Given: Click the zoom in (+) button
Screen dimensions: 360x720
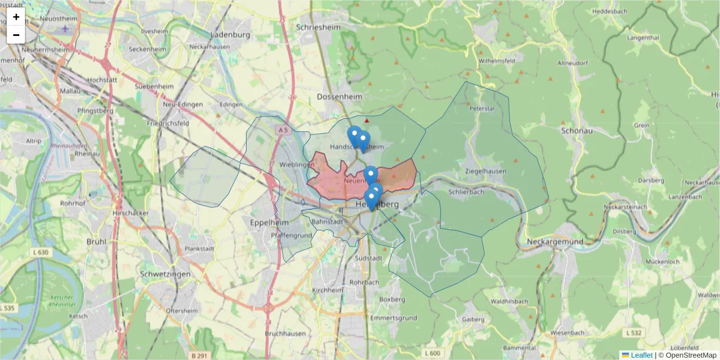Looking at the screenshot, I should (x=16, y=17).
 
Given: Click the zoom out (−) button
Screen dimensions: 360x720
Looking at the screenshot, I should (x=16, y=35).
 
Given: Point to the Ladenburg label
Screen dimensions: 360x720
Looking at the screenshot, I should (x=230, y=35).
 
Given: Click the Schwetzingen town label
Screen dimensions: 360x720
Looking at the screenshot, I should (x=164, y=274).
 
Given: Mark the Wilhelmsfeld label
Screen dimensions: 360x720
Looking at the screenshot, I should (x=497, y=61).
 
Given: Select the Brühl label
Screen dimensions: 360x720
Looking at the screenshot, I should (x=96, y=241).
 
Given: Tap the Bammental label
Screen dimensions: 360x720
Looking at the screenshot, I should (x=520, y=348).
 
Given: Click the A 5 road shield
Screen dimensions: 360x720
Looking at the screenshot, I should (x=284, y=129).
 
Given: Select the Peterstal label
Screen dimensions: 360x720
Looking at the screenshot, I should (x=482, y=109).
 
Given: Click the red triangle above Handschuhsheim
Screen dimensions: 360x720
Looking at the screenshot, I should (x=367, y=121).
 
